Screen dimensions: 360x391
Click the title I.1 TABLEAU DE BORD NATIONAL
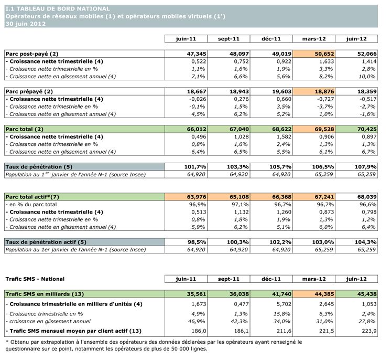[x=58, y=9]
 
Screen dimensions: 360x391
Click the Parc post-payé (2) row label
[x=31, y=54]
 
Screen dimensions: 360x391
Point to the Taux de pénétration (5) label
[x=38, y=166]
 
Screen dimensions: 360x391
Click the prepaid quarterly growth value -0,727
[x=321, y=99]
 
